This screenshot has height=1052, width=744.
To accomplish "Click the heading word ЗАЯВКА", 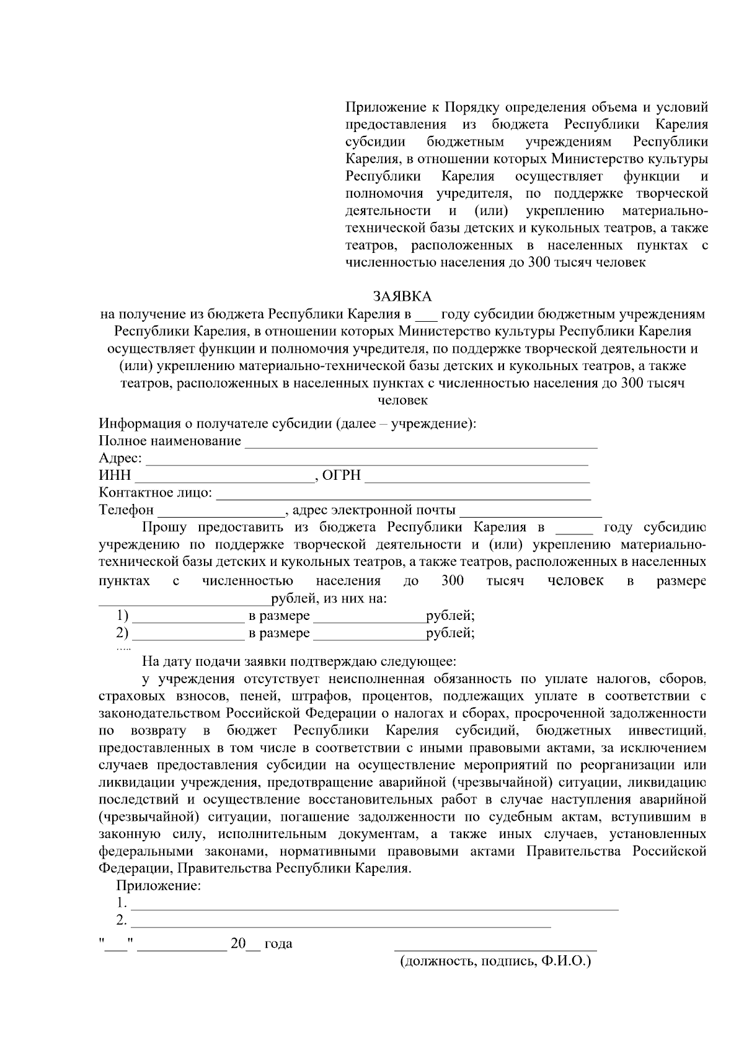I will [x=402, y=297].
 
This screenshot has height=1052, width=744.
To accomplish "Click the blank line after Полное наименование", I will [x=421, y=444].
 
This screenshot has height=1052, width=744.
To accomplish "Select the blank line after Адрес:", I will [x=366, y=461].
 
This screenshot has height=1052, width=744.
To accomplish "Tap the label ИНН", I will [x=115, y=475].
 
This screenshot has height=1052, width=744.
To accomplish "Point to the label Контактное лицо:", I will [x=155, y=493].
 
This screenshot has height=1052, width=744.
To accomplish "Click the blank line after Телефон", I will [x=221, y=513].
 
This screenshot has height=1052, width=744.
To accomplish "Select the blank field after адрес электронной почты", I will [x=530, y=513].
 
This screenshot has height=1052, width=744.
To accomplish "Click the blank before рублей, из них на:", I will [x=184, y=602].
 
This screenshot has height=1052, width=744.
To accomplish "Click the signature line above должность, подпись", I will [x=495, y=948].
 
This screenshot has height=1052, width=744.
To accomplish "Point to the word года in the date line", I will [x=278, y=944].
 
